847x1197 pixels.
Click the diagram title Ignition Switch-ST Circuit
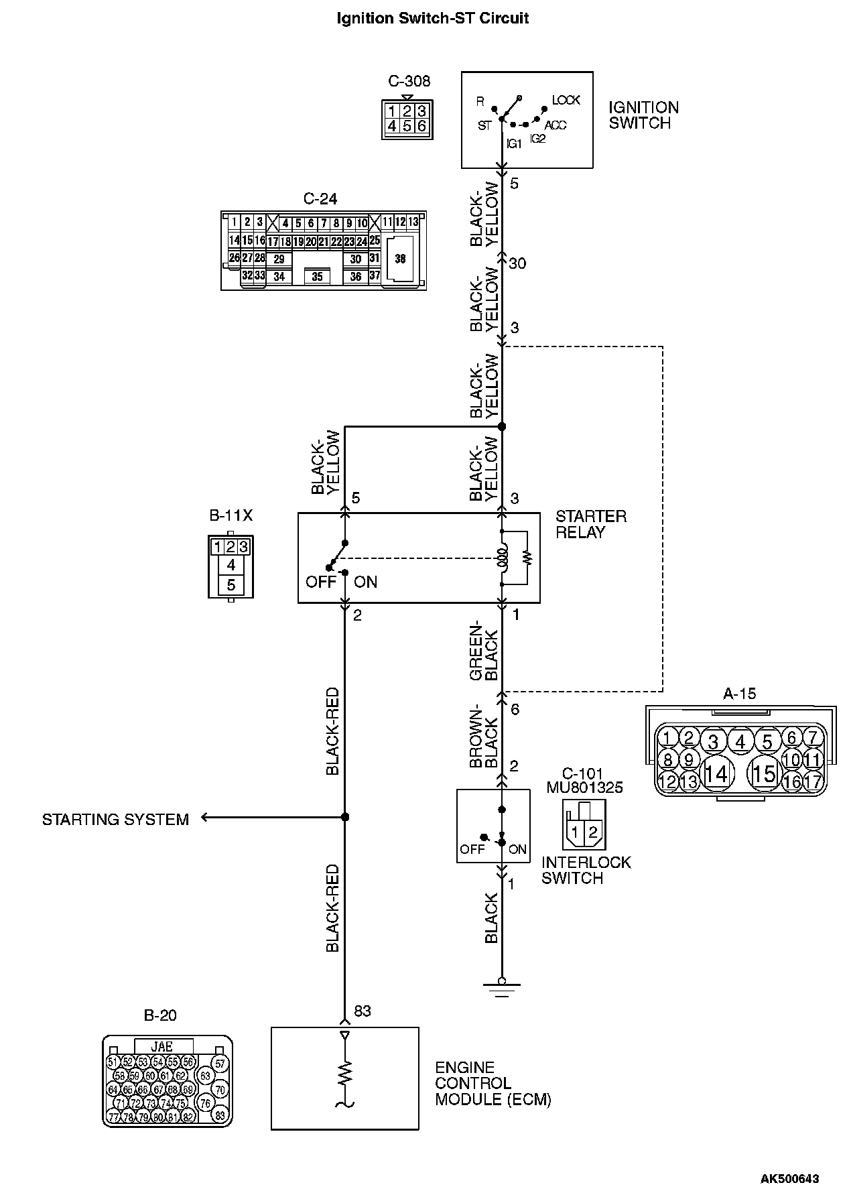pyautogui.click(x=432, y=19)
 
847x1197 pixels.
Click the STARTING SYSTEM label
pyautogui.click(x=115, y=819)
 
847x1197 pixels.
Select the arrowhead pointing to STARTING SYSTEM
pyautogui.click(x=205, y=818)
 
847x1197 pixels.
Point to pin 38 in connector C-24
pyautogui.click(x=400, y=259)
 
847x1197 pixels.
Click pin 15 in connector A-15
pyautogui.click(x=764, y=774)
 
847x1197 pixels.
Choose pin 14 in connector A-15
pyautogui.click(x=716, y=774)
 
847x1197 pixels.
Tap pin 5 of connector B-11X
pyautogui.click(x=231, y=584)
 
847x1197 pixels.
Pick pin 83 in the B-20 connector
pyautogui.click(x=220, y=1116)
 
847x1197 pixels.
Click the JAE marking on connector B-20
pyautogui.click(x=163, y=1046)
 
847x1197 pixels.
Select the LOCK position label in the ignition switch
pyautogui.click(x=566, y=101)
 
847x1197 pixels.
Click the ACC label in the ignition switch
pyautogui.click(x=555, y=126)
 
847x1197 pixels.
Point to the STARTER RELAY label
pyautogui.click(x=590, y=524)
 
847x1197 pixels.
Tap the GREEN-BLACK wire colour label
pyautogui.click(x=484, y=651)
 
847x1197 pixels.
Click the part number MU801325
pyautogui.click(x=584, y=787)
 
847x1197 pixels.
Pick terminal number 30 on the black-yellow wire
pyautogui.click(x=517, y=263)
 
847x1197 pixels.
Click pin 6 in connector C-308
pyautogui.click(x=421, y=126)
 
